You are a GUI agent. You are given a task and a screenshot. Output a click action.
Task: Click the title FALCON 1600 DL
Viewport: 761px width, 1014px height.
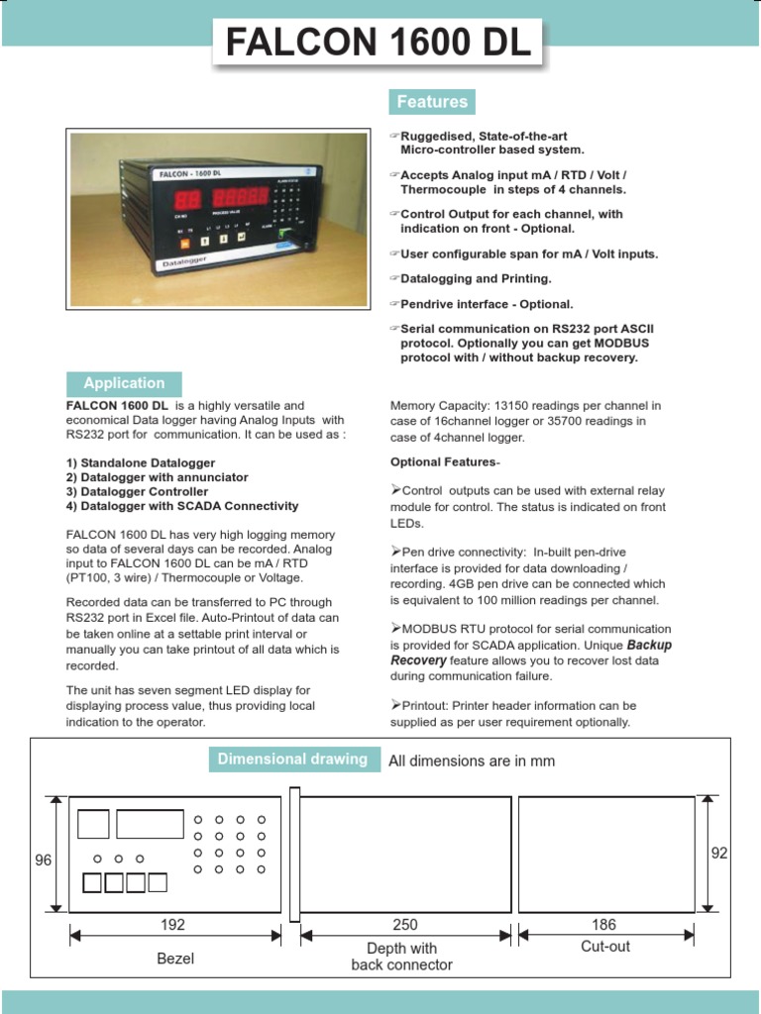380,44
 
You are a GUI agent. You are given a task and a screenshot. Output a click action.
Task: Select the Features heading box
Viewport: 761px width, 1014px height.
431,102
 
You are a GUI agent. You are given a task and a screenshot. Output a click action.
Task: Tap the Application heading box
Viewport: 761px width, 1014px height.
124,383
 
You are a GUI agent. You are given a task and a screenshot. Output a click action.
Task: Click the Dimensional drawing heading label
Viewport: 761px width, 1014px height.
292,760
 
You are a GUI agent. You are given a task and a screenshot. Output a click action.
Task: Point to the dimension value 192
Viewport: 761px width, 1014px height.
173,925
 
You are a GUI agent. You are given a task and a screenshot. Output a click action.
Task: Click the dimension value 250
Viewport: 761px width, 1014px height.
405,925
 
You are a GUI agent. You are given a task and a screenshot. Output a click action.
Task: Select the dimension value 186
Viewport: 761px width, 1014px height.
603,925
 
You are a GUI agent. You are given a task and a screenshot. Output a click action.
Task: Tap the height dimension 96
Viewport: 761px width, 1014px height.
43,861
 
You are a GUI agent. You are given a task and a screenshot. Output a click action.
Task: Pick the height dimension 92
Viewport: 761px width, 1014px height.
719,853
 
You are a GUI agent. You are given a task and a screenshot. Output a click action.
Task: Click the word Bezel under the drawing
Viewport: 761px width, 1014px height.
175,959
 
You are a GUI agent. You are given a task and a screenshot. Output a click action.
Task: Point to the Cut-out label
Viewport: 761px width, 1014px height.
605,947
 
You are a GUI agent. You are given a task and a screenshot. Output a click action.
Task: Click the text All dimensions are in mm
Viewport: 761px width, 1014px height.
472,761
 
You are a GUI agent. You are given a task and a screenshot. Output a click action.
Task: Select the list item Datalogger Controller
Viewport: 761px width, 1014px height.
137,491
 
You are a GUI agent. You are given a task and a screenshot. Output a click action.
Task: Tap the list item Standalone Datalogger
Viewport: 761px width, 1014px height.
141,462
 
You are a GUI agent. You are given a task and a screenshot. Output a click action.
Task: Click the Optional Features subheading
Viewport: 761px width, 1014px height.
445,462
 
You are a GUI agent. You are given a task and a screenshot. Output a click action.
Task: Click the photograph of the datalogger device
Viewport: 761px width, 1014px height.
217,219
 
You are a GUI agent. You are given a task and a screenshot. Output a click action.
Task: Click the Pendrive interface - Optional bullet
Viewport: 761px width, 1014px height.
487,304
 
